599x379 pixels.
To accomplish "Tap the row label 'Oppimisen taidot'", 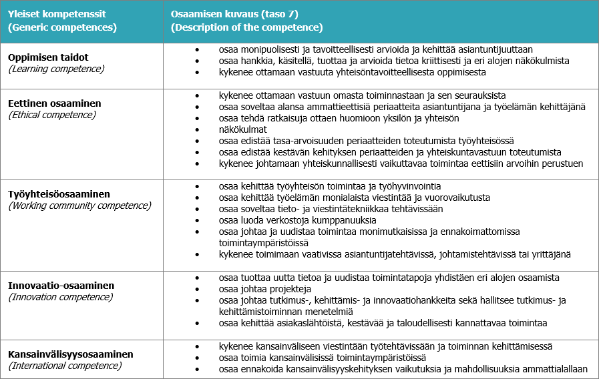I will [48, 57].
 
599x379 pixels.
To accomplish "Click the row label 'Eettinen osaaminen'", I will [55, 103].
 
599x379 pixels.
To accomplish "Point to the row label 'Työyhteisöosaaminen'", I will [59, 194].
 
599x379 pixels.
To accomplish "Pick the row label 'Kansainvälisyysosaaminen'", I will [71, 354].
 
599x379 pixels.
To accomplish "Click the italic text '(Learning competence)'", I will [56, 69].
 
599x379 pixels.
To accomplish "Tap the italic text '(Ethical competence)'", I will [52, 115].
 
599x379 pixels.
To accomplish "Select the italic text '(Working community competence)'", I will [79, 206].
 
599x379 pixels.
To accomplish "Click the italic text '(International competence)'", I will [65, 366].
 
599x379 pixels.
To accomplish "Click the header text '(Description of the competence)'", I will [247, 27].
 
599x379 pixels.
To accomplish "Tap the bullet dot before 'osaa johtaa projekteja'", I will [197, 289].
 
